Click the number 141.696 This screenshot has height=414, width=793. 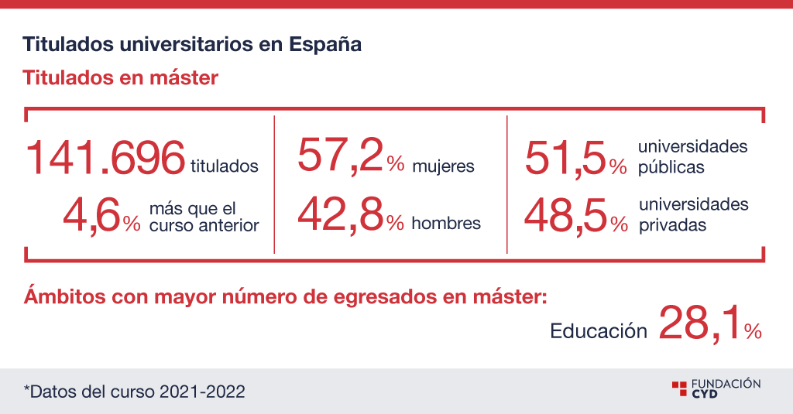coord(105,157)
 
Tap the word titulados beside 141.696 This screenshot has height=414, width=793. coord(225,166)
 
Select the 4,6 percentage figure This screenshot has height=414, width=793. coord(101,216)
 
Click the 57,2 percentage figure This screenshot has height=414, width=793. coord(351,157)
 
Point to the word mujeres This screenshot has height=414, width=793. coord(444,166)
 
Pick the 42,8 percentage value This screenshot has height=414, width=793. coord(351,216)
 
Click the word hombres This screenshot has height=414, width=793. coord(446,223)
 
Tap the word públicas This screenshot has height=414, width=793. coord(671,167)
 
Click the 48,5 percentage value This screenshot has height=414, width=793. coord(576,217)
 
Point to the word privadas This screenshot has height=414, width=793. coord(673,225)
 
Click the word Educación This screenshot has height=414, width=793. coord(599,331)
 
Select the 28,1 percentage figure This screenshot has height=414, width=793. coord(710,324)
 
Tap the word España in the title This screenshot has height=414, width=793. coord(325,45)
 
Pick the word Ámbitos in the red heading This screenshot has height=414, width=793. coord(65,296)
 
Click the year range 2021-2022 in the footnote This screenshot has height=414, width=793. coord(202,392)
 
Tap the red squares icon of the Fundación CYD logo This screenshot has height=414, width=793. coord(679,388)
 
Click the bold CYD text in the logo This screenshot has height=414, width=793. coord(705,394)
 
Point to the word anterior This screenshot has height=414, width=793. coord(229,225)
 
